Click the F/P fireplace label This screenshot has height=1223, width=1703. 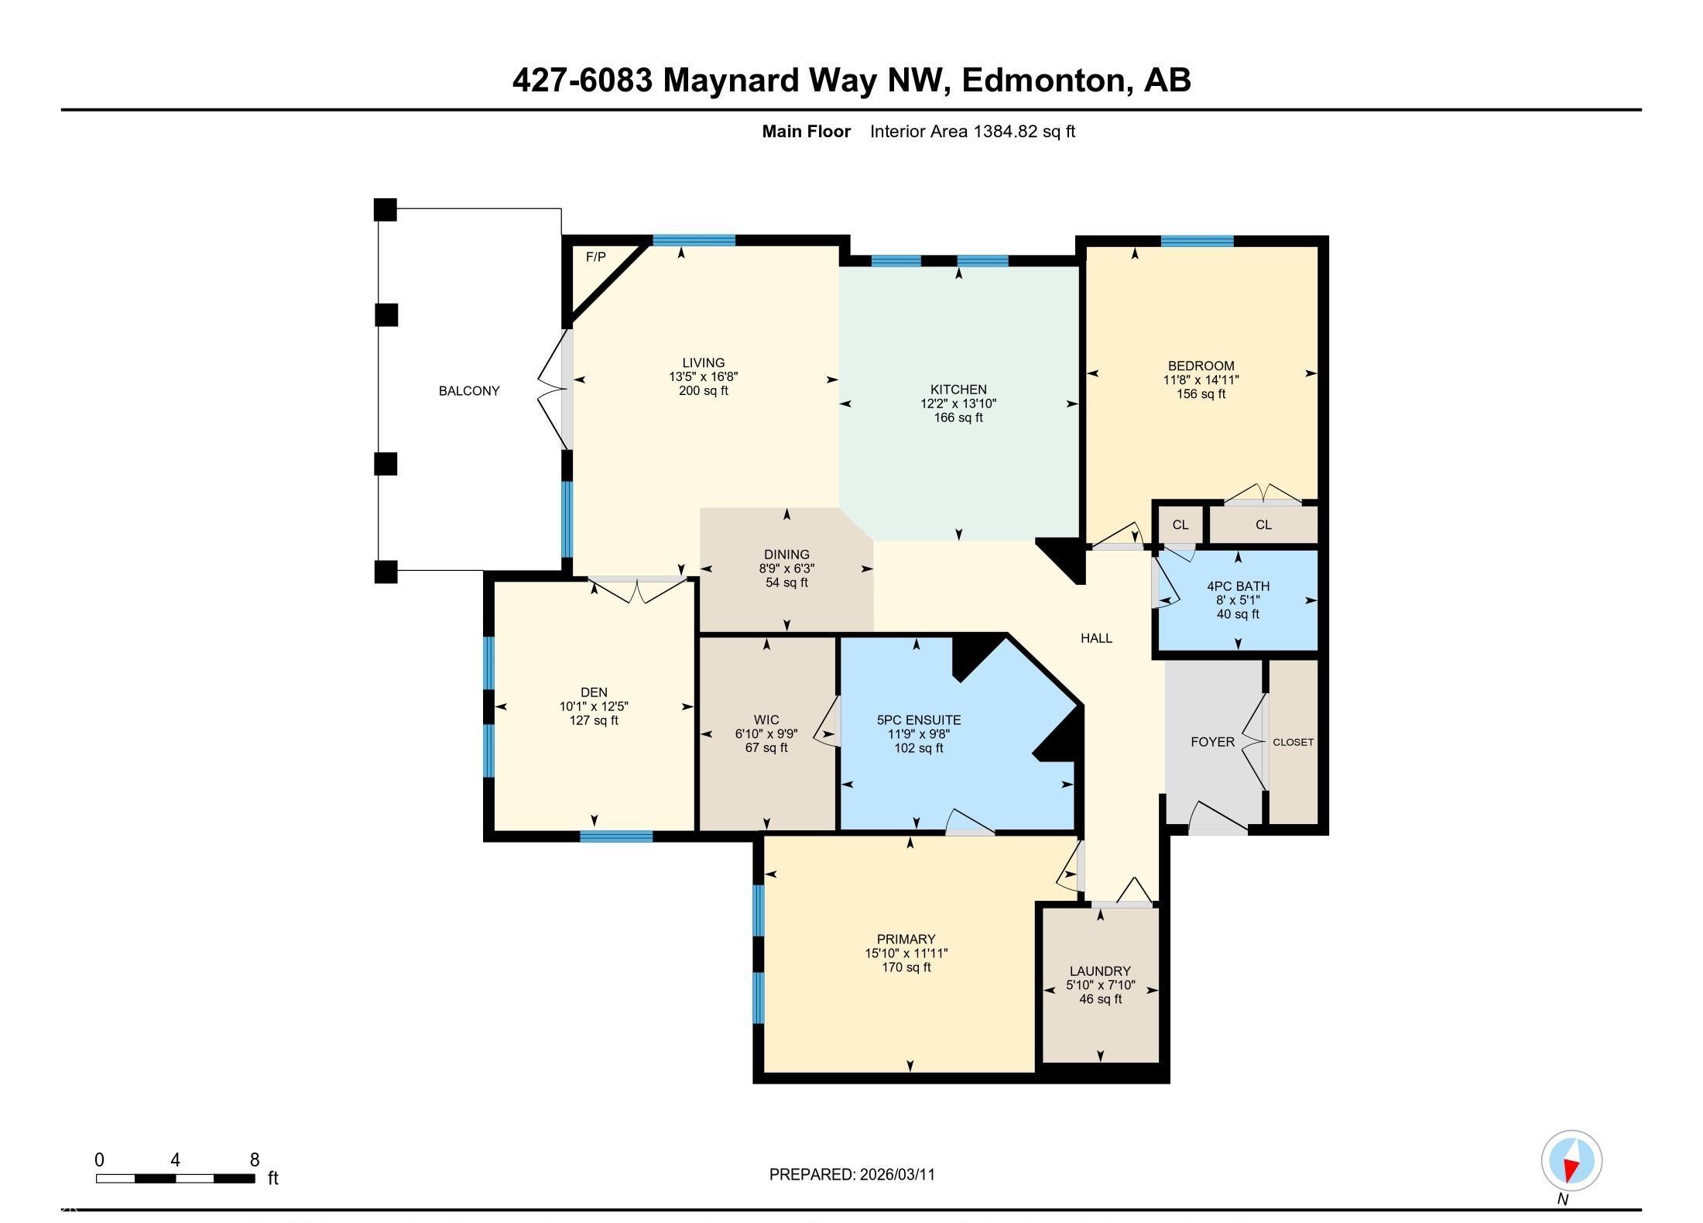pos(595,257)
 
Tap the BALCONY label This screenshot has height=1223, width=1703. pos(469,391)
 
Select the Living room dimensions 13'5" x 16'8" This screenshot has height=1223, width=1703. pos(703,377)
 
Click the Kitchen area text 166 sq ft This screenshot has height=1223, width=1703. pos(958,418)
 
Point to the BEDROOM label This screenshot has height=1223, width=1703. pos(1201,366)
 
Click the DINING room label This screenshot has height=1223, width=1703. pos(786,555)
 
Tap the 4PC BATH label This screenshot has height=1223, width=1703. pos(1238,586)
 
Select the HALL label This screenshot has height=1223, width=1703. pos(1096,638)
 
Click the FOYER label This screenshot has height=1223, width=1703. pos(1212,742)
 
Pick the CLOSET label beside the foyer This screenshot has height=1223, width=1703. pos(1293,742)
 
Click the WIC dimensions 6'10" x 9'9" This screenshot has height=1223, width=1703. pos(766,734)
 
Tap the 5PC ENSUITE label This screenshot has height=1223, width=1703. pos(919,720)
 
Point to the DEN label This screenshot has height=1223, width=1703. pos(594,692)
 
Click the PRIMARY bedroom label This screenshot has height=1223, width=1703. pos(906,940)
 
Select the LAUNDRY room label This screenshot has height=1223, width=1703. pos(1100,971)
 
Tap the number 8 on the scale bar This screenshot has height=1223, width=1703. pos(254,1160)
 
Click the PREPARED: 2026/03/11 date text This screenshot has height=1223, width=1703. pos(851,1175)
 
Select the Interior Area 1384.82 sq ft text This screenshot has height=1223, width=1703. pos(972,132)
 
